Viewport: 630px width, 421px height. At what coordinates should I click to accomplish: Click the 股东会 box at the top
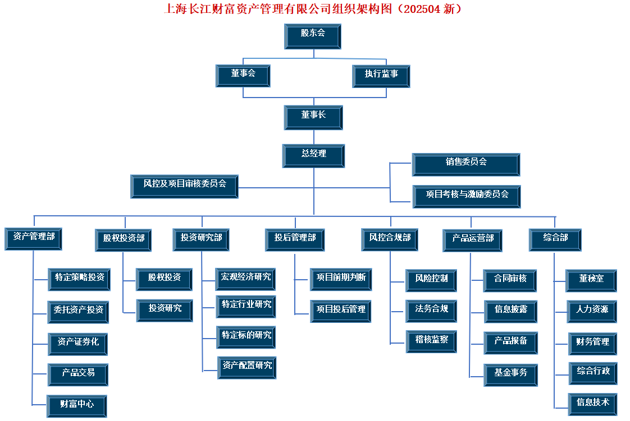point(313,36)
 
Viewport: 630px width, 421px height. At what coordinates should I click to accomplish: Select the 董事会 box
point(243,76)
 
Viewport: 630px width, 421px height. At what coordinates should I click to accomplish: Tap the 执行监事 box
point(381,76)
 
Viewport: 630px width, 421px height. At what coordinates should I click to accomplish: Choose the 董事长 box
point(313,118)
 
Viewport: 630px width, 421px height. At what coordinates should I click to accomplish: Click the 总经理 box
point(313,156)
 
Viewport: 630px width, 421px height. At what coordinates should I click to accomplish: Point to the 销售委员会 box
point(466,164)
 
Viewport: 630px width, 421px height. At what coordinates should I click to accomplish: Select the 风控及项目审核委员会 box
point(184,187)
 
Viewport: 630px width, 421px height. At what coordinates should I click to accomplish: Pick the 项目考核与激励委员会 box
point(467,196)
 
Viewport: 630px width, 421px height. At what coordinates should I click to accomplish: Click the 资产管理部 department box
point(33,239)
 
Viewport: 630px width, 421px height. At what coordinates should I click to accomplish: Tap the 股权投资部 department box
point(124,240)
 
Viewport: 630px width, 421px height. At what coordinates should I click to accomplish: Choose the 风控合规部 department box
point(390,240)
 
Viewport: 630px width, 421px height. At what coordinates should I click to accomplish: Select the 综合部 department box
point(555,240)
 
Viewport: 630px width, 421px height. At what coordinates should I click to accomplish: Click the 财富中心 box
point(77,406)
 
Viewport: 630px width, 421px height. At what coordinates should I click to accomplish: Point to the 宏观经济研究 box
point(245,279)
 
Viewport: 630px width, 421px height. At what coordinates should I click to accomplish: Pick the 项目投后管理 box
point(341,312)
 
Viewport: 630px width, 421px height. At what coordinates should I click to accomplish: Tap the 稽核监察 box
point(432,341)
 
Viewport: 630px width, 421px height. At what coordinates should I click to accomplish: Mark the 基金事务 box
point(510,375)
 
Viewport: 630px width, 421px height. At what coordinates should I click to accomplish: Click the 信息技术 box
point(592,404)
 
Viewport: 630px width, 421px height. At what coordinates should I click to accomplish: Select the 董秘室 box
point(591,281)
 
